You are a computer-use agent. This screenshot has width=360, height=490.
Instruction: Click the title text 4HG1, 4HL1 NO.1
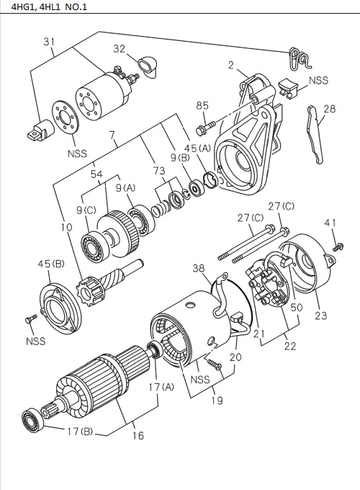45,7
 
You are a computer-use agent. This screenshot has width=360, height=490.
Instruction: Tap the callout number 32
120,49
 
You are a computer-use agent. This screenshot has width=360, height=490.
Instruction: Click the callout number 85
203,106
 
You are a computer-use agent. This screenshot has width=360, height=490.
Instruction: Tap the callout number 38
199,268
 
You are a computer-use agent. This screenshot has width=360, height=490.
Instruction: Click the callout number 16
137,435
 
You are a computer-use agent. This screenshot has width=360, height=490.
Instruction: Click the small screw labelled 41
336,246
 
